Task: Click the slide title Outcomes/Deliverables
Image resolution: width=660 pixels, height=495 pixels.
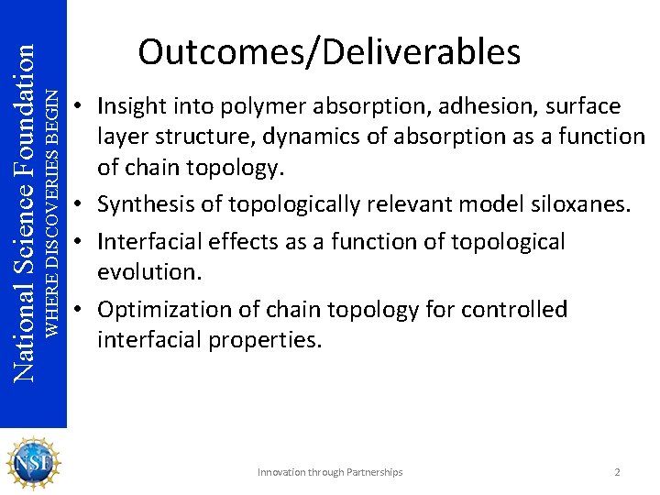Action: pos(329,52)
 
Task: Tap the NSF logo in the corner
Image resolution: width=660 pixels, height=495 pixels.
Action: pos(34,463)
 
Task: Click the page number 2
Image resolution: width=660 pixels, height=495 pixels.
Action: pos(617,472)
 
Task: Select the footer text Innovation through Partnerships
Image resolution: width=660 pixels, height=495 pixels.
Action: pos(330,472)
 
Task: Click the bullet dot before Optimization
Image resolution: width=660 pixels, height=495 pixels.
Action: pos(82,310)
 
